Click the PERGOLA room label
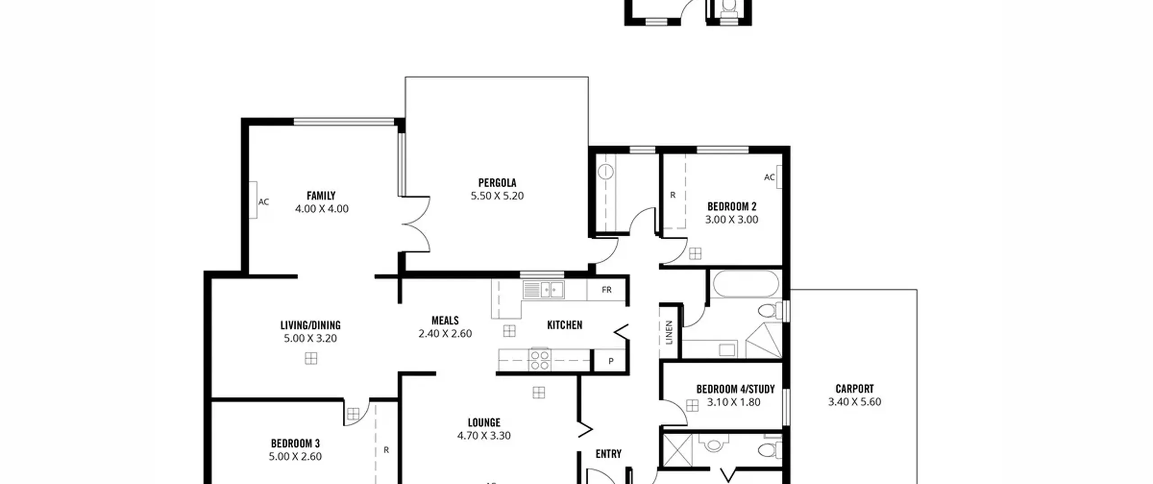[497, 183]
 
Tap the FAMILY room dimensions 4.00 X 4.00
[322, 209]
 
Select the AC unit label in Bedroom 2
[769, 177]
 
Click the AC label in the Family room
[263, 202]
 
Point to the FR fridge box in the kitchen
[606, 289]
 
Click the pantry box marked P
[610, 361]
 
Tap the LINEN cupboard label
[669, 332]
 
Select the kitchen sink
[543, 289]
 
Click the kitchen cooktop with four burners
[540, 360]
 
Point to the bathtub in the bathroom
[745, 284]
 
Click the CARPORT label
[854, 389]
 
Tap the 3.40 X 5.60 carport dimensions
[854, 402]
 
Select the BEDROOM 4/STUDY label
[735, 389]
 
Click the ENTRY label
[608, 454]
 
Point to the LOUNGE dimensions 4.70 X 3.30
[484, 436]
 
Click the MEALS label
[445, 321]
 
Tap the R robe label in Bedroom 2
[673, 195]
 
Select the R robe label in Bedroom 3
[386, 450]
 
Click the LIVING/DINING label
[310, 325]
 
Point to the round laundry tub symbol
[606, 172]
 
